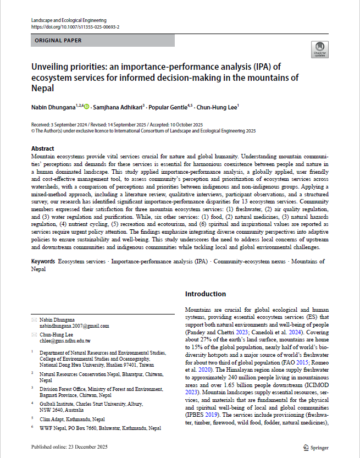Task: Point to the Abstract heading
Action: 43,149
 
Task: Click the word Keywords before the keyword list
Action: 43,261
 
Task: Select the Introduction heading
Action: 205,294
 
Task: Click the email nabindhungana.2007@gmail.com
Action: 74,325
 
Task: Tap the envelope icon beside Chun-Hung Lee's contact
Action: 35,334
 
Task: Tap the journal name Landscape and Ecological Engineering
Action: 69,20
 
